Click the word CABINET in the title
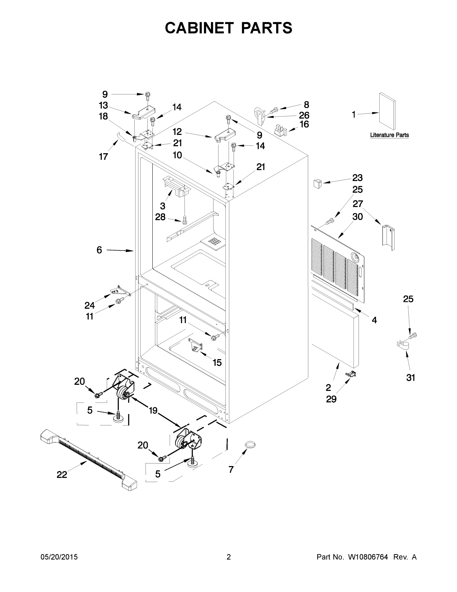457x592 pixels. click(x=199, y=28)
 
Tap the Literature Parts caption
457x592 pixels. click(x=389, y=135)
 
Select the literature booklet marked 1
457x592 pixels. click(x=387, y=111)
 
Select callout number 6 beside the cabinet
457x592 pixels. click(x=99, y=250)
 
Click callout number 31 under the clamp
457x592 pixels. click(x=410, y=377)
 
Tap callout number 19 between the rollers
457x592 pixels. click(x=153, y=410)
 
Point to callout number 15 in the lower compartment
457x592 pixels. click(x=217, y=362)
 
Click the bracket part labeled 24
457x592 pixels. click(x=120, y=291)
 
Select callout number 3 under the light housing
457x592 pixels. click(x=162, y=206)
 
